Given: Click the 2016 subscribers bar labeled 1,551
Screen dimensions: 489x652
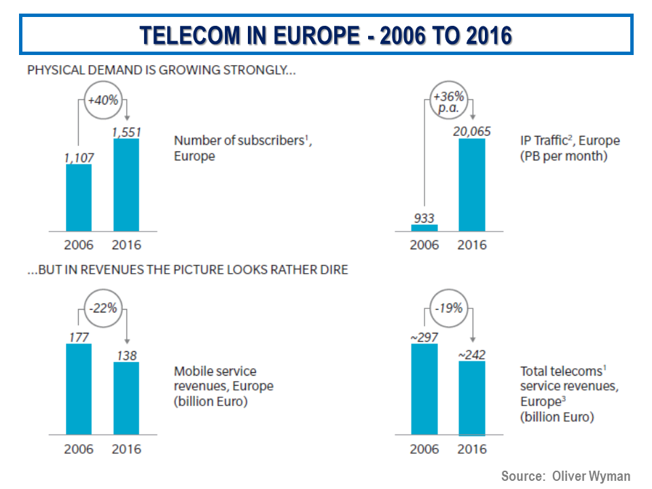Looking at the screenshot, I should (x=126, y=185).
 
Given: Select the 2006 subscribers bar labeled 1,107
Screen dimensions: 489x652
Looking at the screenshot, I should (x=79, y=198).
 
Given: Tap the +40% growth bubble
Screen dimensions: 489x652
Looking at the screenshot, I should (x=103, y=100).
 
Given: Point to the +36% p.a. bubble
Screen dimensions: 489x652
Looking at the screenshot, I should (x=449, y=101).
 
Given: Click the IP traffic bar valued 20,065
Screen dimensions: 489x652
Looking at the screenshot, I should (x=472, y=185).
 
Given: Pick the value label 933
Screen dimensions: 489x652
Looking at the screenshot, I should (x=424, y=218).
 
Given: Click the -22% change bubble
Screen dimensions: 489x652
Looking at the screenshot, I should (x=103, y=308).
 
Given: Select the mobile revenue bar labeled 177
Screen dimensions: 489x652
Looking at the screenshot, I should (x=79, y=388).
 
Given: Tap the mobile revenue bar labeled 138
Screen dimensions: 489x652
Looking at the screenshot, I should (x=126, y=398).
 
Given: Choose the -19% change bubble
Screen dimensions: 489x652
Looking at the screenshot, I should (x=449, y=308).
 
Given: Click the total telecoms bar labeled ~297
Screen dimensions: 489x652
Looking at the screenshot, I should (x=424, y=388).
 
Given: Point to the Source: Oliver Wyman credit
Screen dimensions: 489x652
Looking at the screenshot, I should (x=566, y=476).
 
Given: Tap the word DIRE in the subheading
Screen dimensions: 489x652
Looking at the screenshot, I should (x=333, y=270).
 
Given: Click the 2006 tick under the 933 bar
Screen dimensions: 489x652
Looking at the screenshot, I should (x=424, y=244).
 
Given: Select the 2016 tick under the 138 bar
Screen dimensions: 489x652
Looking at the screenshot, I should (x=126, y=450).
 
